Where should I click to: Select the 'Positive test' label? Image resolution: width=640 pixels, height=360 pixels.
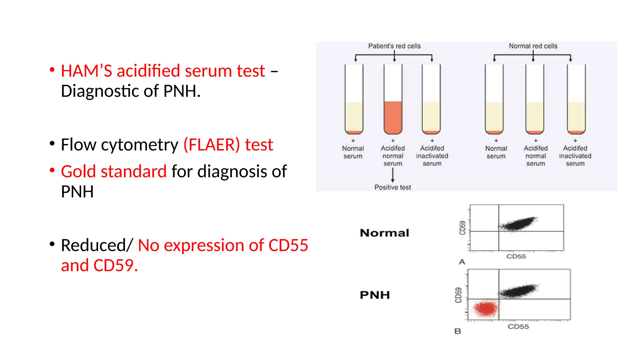392,187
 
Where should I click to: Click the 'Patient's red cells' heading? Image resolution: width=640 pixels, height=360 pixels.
394,46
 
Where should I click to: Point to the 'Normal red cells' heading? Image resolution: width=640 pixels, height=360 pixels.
533,46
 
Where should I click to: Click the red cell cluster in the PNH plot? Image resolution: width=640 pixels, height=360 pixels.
486,308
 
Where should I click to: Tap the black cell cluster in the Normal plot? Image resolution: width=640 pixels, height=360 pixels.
518,224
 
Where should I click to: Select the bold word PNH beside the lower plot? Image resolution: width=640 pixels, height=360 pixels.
375,295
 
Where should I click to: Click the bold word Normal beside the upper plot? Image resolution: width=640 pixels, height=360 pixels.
384,233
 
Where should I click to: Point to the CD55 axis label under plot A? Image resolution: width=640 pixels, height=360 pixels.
516,257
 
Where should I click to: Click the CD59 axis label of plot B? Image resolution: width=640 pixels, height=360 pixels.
458,295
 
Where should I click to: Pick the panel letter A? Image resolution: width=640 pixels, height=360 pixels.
462,262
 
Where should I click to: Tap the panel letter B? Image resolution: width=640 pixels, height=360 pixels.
458,331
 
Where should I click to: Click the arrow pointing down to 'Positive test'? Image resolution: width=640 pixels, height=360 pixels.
393,175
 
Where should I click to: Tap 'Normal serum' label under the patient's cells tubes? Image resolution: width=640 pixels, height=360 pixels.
353,152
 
